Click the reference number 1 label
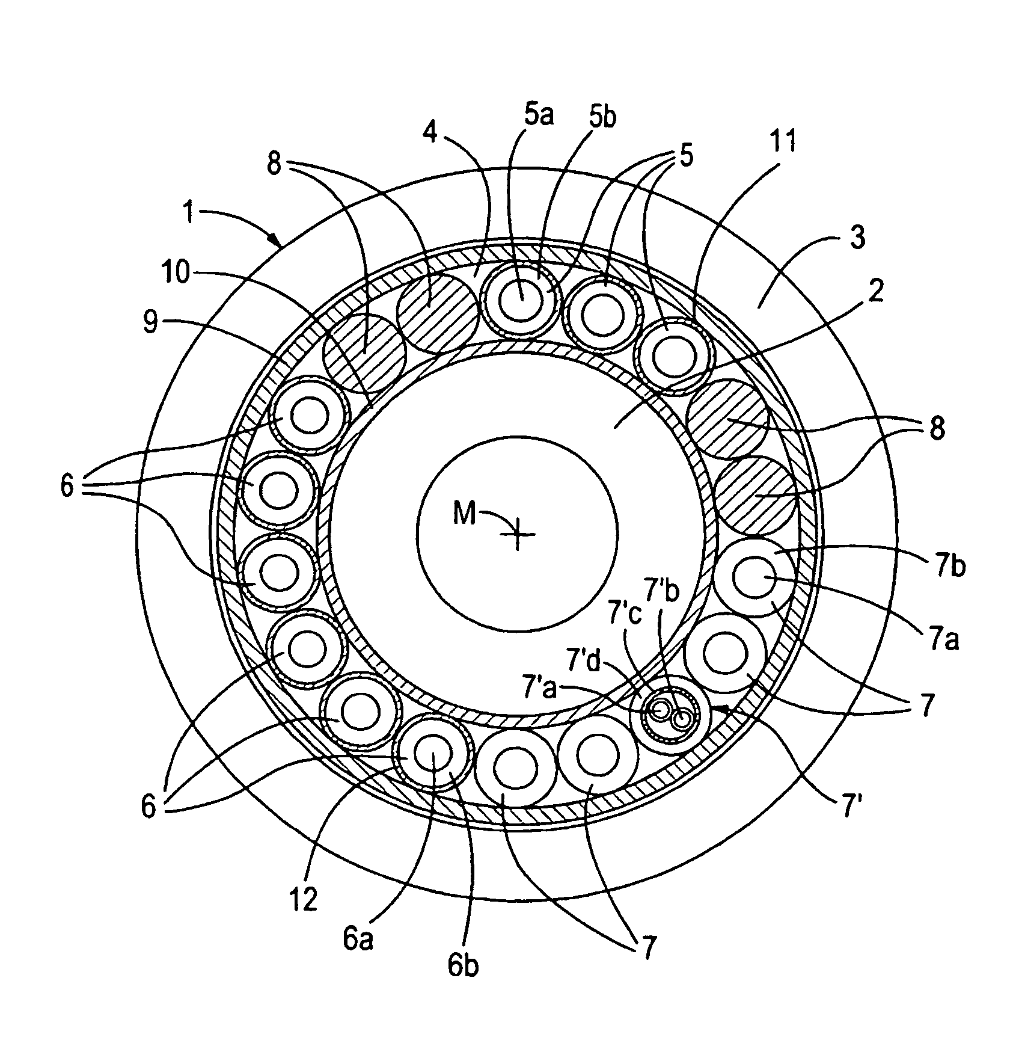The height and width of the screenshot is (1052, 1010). pyautogui.click(x=189, y=214)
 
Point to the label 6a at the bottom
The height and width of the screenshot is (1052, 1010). pyautogui.click(x=358, y=939)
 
